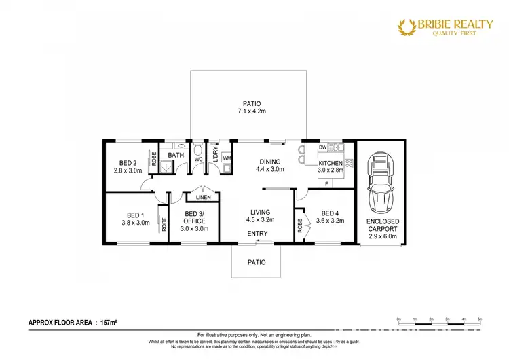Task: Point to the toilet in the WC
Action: [199, 147]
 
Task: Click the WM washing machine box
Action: [227, 158]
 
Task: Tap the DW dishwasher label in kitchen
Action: [323, 147]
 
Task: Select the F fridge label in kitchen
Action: [327, 183]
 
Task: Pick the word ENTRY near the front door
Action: [257, 233]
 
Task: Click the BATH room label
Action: [176, 156]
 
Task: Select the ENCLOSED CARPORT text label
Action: [383, 226]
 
